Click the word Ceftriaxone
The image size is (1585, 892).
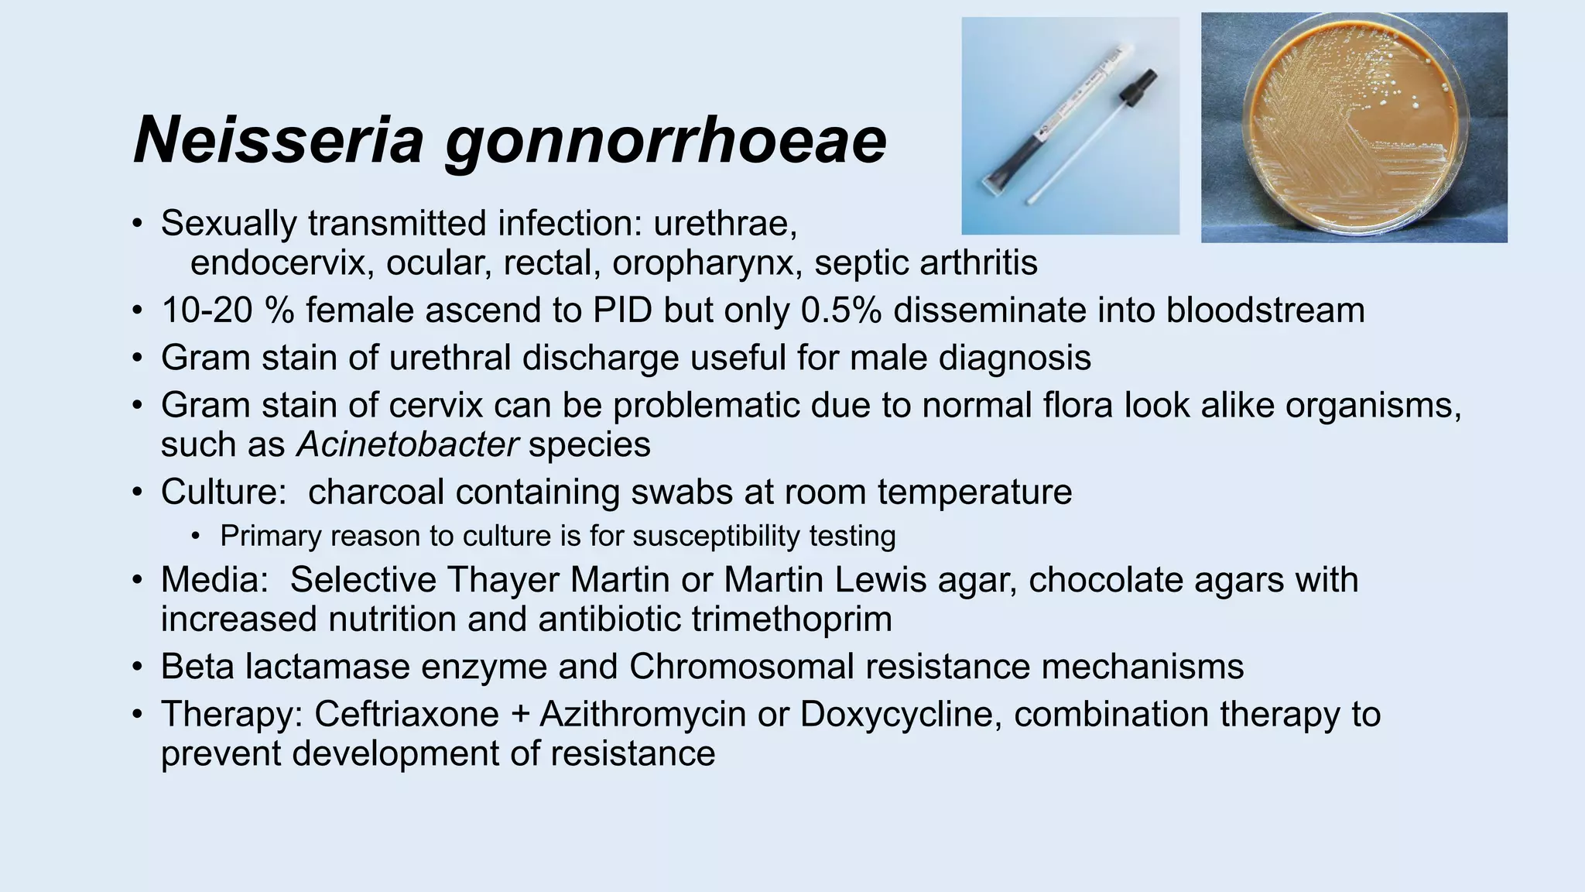pyautogui.click(x=406, y=714)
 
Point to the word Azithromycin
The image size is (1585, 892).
pyautogui.click(x=643, y=714)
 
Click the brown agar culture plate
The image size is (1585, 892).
pyautogui.click(x=1354, y=128)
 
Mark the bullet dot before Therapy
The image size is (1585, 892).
pyautogui.click(x=137, y=714)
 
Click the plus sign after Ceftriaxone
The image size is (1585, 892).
pyautogui.click(x=520, y=714)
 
